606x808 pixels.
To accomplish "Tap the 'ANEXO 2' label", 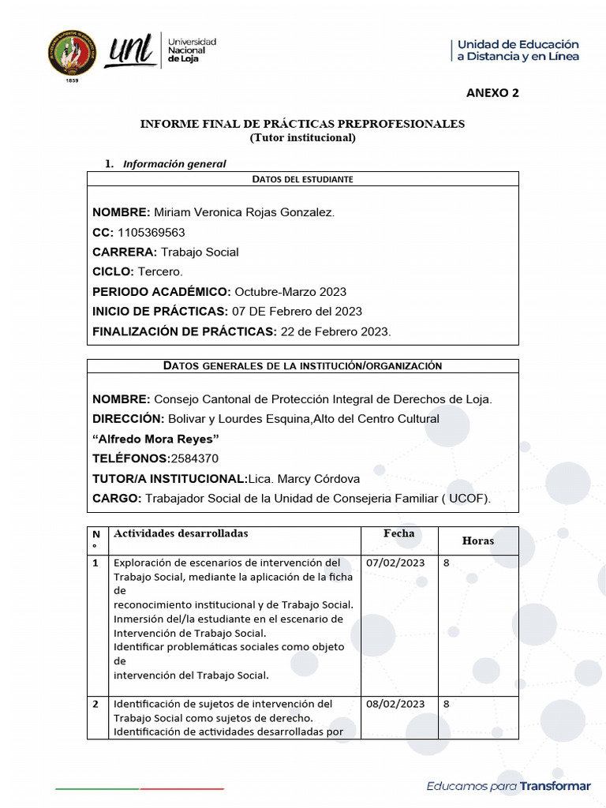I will point(492,92).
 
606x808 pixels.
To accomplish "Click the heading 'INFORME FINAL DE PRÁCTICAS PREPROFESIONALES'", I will point(302,124).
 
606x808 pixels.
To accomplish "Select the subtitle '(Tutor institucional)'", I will point(302,137).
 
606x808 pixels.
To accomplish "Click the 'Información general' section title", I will point(174,164).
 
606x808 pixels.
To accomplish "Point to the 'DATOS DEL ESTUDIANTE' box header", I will point(302,179).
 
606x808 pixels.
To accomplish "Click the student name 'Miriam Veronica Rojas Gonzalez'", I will point(244,212).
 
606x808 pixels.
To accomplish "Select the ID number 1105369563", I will point(151,232).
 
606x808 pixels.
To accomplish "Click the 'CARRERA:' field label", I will point(125,252).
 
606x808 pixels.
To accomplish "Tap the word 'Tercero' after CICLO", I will point(160,271).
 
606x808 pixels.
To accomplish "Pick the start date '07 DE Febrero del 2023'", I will point(297,311).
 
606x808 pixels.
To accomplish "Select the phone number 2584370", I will point(195,458).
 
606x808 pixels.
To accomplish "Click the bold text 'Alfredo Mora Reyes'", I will point(155,439).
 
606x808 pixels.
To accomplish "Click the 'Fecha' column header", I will point(398,533).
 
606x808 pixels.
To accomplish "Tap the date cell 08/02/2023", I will point(396,704).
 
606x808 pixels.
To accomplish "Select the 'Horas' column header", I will point(477,541).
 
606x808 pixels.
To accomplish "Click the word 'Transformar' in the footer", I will point(554,786).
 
